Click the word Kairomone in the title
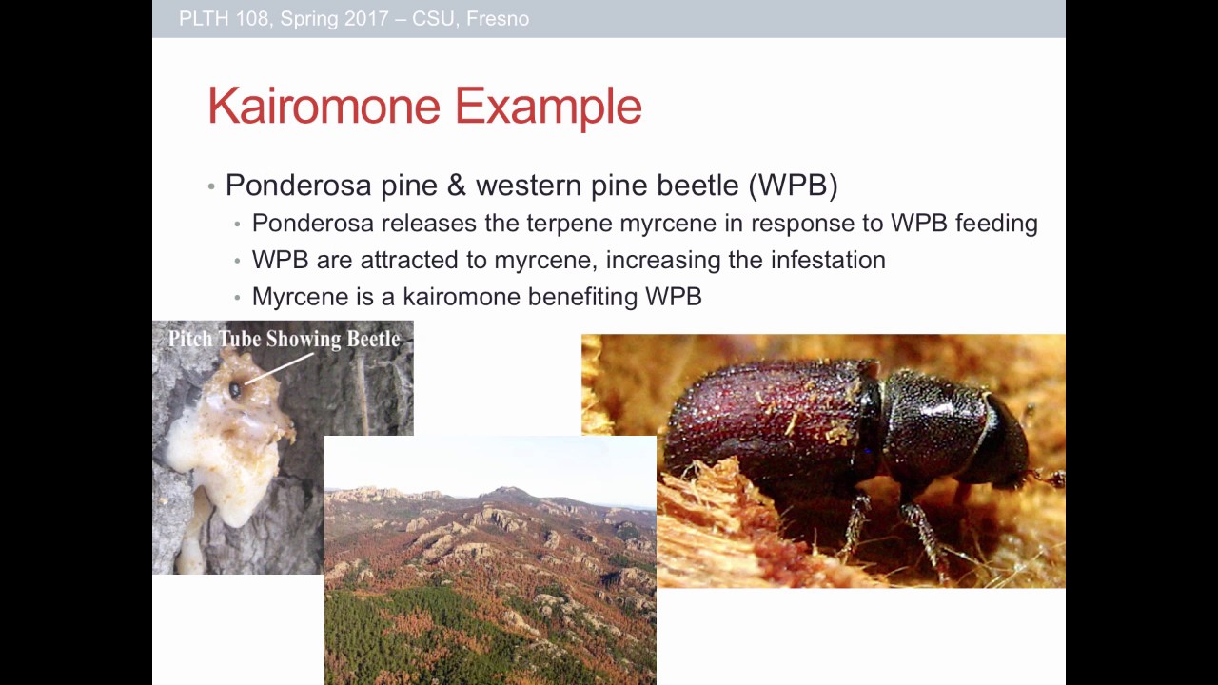tap(325, 106)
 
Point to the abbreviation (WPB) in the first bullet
tap(793, 185)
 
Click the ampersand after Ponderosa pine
tap(457, 185)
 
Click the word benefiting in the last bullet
tap(583, 297)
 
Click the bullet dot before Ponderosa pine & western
tap(211, 186)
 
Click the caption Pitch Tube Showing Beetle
tap(284, 339)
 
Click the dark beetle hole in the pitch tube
tap(235, 389)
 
